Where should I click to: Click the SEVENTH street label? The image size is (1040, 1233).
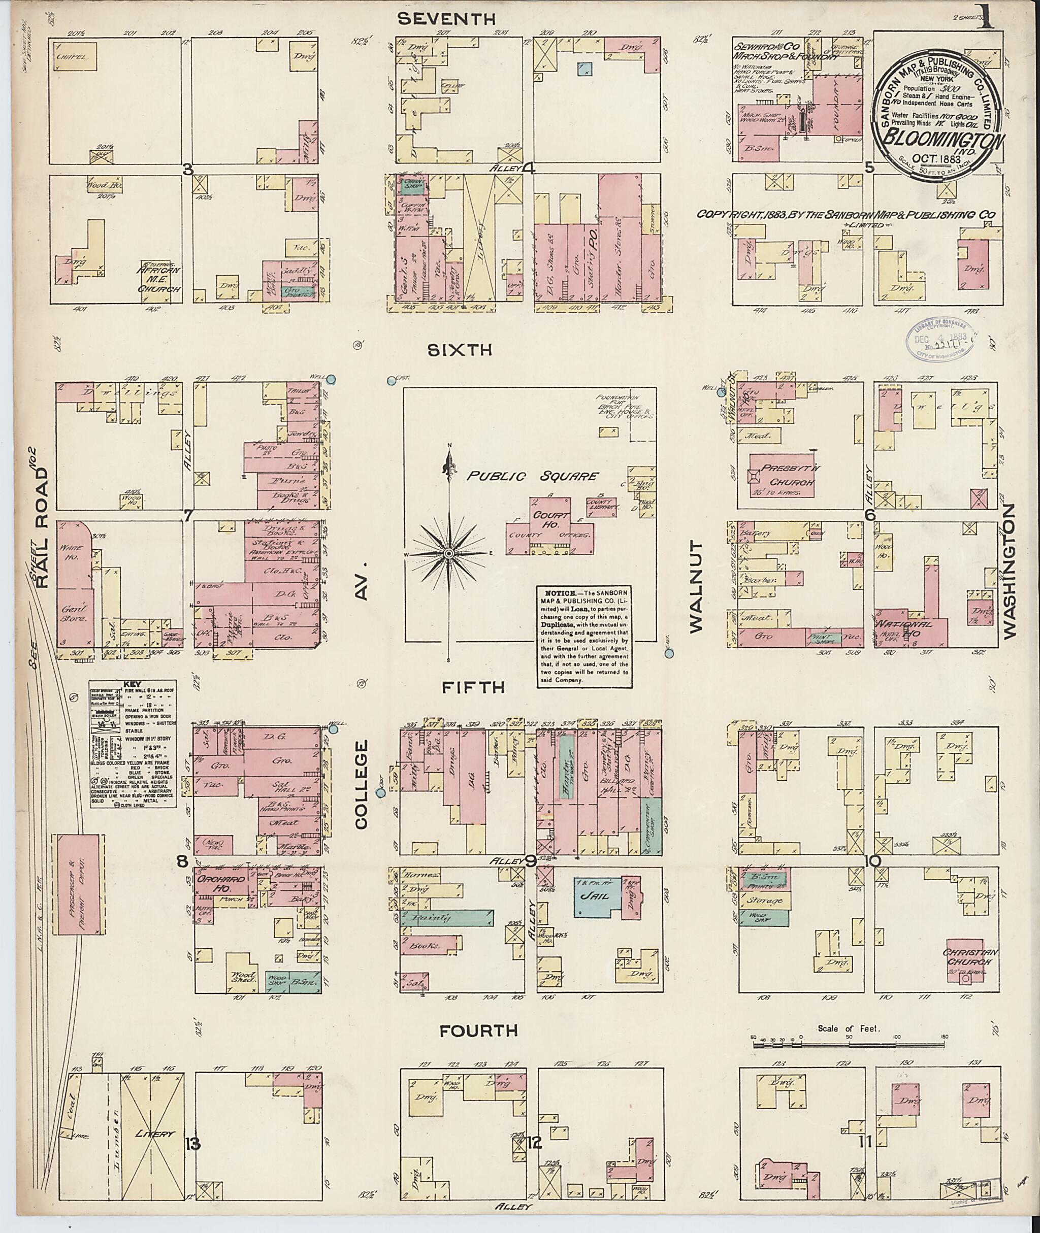coord(446,19)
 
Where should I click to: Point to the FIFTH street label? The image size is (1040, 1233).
coord(473,687)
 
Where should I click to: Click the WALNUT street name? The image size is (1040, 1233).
coord(697,586)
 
